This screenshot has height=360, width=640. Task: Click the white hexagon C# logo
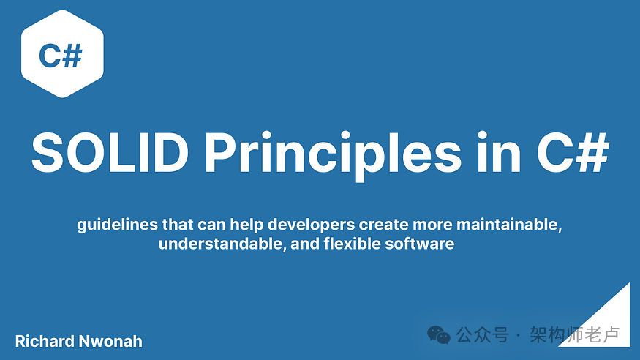click(62, 54)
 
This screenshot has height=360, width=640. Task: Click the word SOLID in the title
click(110, 153)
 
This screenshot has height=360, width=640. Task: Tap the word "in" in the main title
click(499, 152)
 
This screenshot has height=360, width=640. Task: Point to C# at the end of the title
click(573, 153)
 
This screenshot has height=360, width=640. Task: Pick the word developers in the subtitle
click(311, 225)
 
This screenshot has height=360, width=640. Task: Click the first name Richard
click(45, 341)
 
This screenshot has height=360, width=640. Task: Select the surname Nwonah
click(110, 341)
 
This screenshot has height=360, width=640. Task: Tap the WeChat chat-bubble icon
click(438, 335)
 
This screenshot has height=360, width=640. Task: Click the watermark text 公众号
click(483, 335)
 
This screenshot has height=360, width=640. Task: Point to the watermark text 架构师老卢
click(575, 335)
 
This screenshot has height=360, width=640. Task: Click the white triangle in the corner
click(608, 326)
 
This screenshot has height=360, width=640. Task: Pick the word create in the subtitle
click(384, 225)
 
